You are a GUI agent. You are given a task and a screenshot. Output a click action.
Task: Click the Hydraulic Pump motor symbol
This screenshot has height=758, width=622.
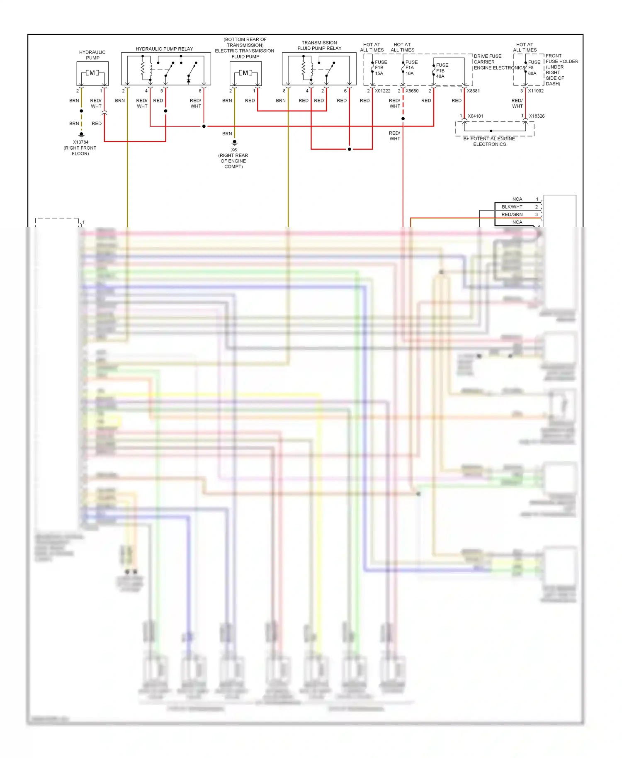click(92, 73)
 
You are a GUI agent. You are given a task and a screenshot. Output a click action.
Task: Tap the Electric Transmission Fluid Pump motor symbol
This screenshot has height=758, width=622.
click(245, 73)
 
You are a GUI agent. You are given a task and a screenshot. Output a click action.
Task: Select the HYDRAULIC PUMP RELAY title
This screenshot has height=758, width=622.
click(164, 49)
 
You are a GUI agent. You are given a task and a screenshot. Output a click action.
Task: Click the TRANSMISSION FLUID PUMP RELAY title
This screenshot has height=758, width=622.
click(319, 45)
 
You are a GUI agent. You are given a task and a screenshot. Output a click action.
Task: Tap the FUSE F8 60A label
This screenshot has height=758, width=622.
click(534, 68)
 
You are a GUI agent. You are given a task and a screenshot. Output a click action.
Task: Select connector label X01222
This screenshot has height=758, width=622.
click(383, 91)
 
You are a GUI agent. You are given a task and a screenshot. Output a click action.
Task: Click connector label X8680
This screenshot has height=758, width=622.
click(412, 91)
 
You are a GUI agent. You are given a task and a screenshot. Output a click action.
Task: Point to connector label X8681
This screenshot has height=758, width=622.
click(474, 91)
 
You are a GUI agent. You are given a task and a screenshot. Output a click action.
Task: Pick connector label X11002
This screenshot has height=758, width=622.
click(536, 91)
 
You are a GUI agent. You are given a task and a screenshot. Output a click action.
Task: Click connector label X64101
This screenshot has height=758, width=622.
click(475, 116)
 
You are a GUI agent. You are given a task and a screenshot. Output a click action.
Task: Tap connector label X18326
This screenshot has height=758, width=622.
click(537, 116)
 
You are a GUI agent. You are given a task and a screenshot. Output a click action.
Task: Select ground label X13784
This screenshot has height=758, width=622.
click(81, 142)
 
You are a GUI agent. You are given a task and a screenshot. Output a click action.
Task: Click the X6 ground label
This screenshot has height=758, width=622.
click(234, 150)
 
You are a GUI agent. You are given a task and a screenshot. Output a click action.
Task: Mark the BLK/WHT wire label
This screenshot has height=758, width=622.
click(512, 207)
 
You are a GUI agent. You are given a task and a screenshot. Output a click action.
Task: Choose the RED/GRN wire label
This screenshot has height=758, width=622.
click(512, 214)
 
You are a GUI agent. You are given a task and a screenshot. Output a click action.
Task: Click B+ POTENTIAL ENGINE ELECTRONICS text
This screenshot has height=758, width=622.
click(489, 141)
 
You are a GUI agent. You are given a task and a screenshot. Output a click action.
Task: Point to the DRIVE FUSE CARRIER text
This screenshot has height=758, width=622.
click(487, 59)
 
